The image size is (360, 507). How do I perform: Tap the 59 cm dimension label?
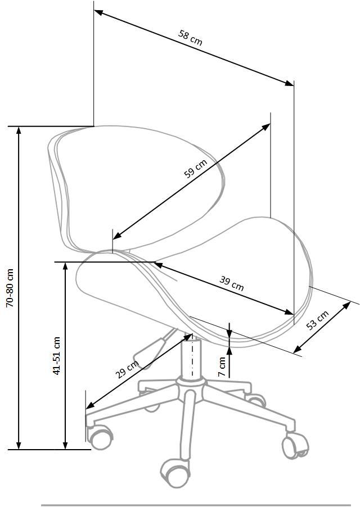pyautogui.click(x=195, y=169)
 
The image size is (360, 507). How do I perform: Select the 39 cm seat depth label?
pyautogui.click(x=232, y=283)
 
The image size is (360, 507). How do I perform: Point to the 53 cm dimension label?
pyautogui.click(x=317, y=320)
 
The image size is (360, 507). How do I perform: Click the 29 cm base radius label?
pyautogui.click(x=127, y=369)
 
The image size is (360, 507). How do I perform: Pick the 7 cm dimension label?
pyautogui.click(x=222, y=366)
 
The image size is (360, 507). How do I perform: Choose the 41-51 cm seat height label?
pyautogui.click(x=56, y=356)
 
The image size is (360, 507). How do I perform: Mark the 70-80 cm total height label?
pyautogui.click(x=10, y=288)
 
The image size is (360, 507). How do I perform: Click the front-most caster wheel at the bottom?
pyautogui.click(x=175, y=474)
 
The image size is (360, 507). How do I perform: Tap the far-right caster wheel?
pyautogui.click(x=295, y=446)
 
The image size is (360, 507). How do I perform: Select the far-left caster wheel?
pyautogui.click(x=100, y=437)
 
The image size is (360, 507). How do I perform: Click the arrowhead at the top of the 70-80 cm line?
pyautogui.click(x=19, y=129)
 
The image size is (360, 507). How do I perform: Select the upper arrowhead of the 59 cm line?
pyautogui.click(x=266, y=126)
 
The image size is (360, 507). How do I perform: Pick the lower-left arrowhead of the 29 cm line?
pyautogui.click(x=90, y=405)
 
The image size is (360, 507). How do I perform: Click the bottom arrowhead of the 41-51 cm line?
pyautogui.click(x=65, y=446)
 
